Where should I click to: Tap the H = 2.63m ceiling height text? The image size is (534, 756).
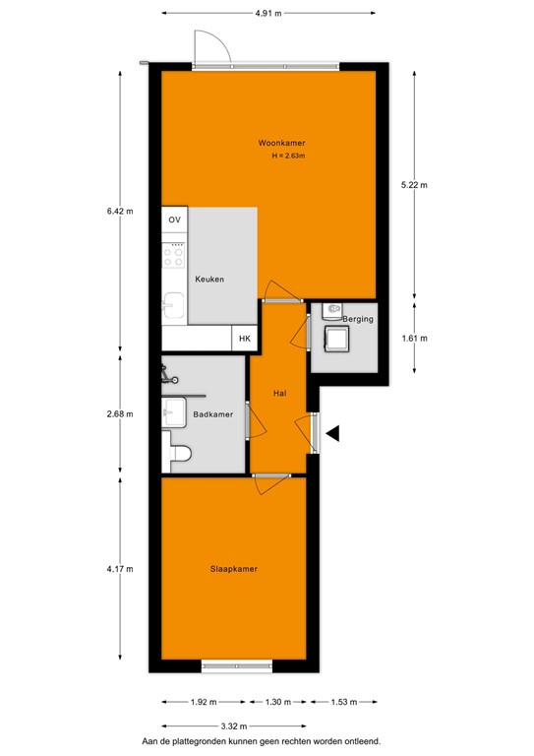click(x=289, y=157)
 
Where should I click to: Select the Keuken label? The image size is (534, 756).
click(x=208, y=280)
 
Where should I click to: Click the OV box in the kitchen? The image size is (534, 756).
click(x=175, y=220)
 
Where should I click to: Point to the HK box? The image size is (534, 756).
click(x=245, y=339)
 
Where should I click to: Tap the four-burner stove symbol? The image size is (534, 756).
click(x=174, y=256)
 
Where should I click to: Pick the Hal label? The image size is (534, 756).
click(x=279, y=394)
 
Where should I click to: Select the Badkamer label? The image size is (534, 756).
click(x=213, y=414)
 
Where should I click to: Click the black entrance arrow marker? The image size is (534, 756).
click(x=333, y=433)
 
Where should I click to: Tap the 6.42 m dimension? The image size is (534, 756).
click(x=120, y=210)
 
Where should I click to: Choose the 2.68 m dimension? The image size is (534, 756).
click(x=120, y=413)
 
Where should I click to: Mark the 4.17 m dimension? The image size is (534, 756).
click(x=120, y=569)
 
